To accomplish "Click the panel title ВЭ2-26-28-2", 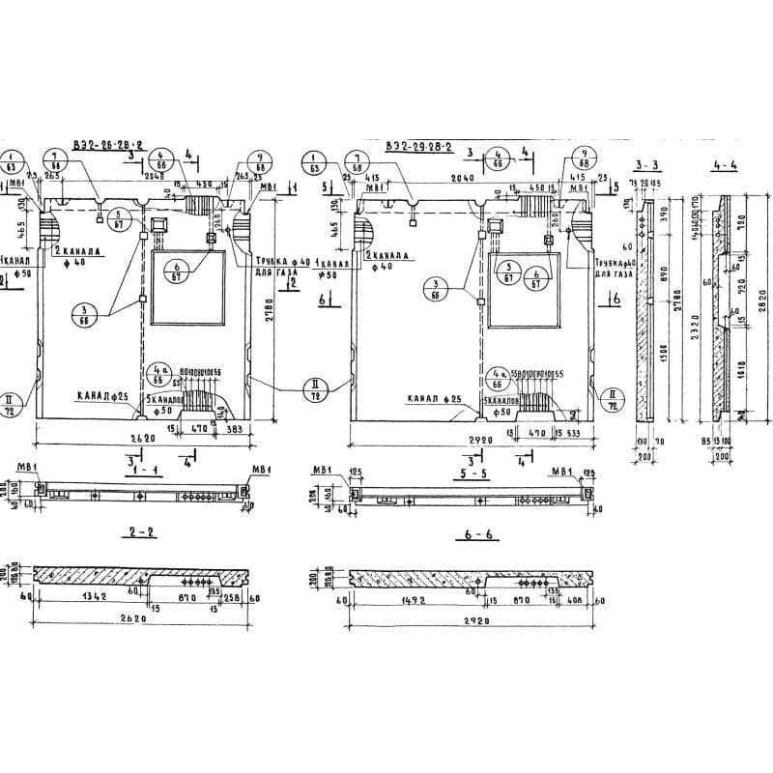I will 107,145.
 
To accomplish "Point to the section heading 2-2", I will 134,531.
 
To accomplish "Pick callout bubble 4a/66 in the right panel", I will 500,375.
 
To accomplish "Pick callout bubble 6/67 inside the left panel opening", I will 178,272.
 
